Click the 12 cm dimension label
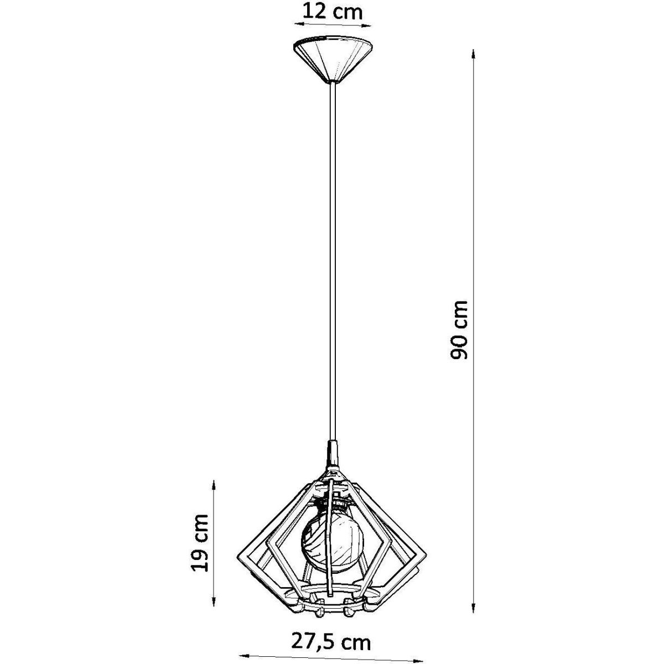333,12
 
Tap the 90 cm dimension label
459,330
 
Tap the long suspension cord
333,262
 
